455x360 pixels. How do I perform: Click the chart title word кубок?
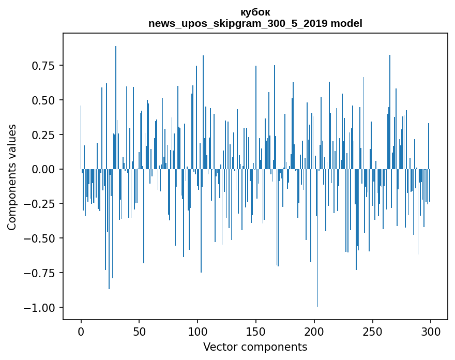click(x=255, y=12)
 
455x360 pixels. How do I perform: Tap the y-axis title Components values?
click(x=12, y=177)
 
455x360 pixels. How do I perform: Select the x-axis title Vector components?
click(x=255, y=347)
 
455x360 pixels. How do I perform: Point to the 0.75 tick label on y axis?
click(x=43, y=66)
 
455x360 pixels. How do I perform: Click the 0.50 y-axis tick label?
click(x=43, y=100)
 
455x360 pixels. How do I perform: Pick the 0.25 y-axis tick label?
click(x=43, y=134)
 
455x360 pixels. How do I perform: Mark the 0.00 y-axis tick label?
click(x=43, y=169)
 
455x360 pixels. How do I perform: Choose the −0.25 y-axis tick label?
click(x=40, y=204)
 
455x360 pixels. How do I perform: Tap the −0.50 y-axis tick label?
click(x=40, y=238)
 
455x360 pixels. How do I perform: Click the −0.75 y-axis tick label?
click(x=40, y=273)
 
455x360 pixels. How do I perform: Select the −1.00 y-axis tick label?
click(x=40, y=308)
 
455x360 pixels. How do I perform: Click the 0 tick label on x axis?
click(x=81, y=332)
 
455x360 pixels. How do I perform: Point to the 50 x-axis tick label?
click(x=139, y=332)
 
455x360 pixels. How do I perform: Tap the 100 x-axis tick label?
click(x=198, y=332)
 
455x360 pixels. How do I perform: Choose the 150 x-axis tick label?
click(x=256, y=332)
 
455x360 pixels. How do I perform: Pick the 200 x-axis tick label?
click(x=314, y=332)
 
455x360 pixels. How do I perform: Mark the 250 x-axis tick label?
click(x=372, y=332)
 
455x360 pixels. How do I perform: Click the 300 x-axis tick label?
click(x=431, y=332)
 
